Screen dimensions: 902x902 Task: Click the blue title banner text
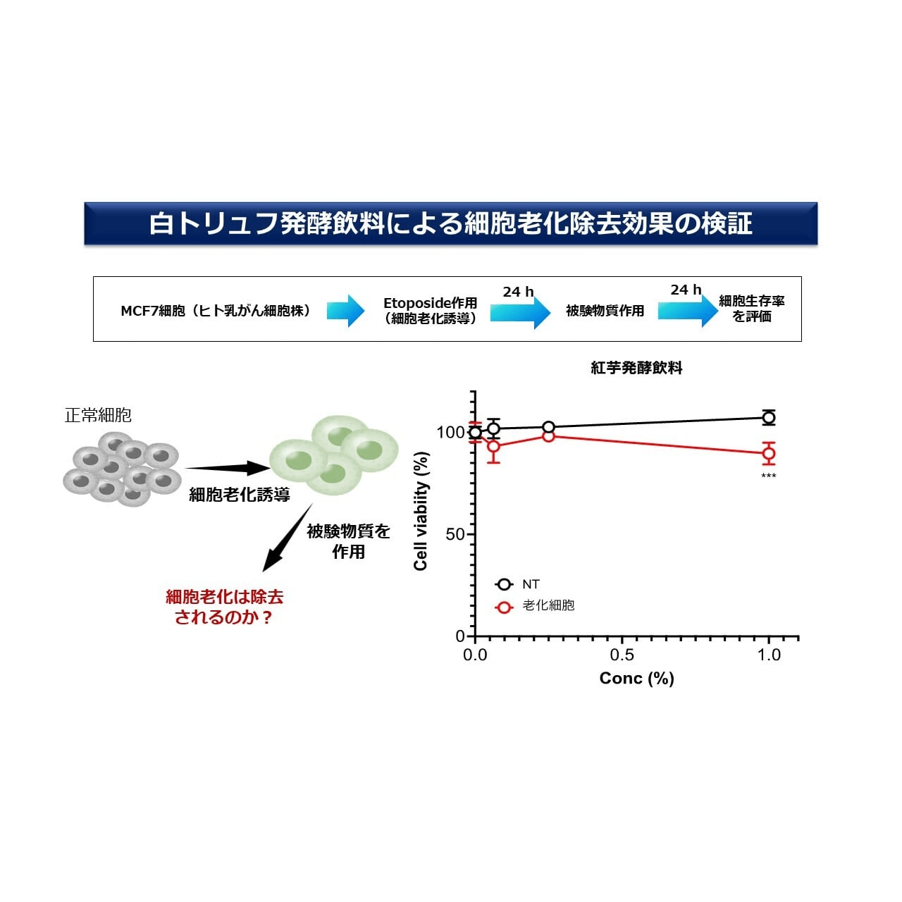pos(450,223)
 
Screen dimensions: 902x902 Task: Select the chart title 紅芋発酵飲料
pos(636,368)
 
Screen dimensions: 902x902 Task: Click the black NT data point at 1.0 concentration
pos(768,417)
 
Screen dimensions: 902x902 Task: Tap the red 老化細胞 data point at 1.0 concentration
pos(768,453)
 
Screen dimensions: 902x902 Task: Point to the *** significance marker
pos(768,476)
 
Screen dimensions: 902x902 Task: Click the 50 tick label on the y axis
pos(455,534)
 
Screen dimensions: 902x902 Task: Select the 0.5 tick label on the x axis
pos(622,655)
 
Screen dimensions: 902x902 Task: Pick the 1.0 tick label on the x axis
pos(769,655)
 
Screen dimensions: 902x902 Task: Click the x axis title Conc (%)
pos(636,678)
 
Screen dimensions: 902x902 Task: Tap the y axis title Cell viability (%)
pos(421,511)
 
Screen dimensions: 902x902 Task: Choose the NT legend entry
pos(517,584)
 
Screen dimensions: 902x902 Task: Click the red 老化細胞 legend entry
pos(535,605)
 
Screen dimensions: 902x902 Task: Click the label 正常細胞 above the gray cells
pos(98,415)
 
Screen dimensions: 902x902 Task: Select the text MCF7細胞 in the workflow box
pos(153,311)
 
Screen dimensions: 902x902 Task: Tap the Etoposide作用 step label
pos(430,303)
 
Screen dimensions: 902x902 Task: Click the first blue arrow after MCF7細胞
pos(345,311)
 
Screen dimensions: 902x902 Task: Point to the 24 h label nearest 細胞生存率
pos(686,290)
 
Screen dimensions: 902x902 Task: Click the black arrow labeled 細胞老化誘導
pos(226,468)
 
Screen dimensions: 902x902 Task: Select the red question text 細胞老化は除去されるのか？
pos(225,607)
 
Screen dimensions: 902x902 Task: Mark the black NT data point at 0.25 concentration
pos(548,427)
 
